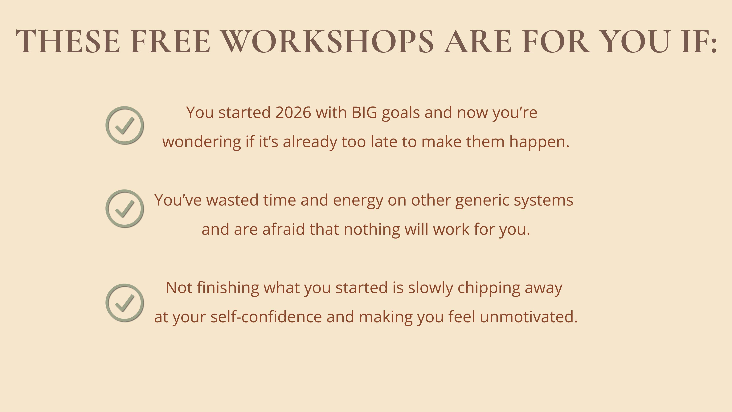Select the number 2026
click(293, 113)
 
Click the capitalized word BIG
click(364, 113)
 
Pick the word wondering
click(202, 142)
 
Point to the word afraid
click(284, 229)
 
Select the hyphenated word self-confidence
click(266, 317)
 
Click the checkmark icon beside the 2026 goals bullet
click(125, 125)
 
